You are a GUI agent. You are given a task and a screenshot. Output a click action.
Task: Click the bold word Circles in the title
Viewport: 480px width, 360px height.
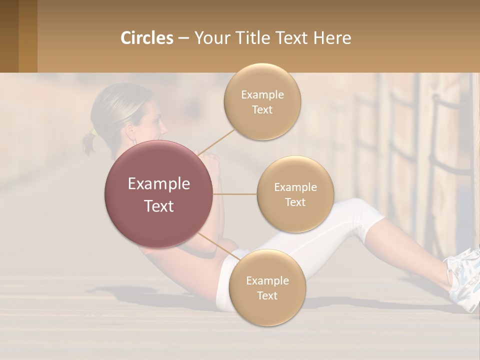pos(147,38)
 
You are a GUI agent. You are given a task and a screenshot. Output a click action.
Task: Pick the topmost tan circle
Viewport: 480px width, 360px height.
pos(262,101)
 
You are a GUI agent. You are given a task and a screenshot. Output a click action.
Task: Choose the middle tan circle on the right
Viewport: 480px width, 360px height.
pos(295,194)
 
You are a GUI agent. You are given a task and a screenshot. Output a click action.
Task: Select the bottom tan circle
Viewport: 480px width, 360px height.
pos(267,287)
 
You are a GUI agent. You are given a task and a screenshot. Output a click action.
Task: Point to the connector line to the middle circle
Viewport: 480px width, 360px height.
pos(235,194)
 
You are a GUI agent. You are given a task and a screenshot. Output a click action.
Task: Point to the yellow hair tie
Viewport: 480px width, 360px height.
pos(93,132)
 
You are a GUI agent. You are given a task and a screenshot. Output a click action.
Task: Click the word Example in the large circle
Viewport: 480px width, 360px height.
pos(159,184)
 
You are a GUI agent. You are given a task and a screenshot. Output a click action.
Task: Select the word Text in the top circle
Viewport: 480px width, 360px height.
pos(262,109)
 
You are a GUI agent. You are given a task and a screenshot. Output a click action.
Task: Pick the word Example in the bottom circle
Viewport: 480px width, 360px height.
pos(267,280)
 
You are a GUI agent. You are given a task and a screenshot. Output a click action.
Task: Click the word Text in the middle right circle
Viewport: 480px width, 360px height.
pos(295,202)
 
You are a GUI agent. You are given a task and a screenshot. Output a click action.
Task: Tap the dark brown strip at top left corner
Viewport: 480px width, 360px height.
pos(9,36)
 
